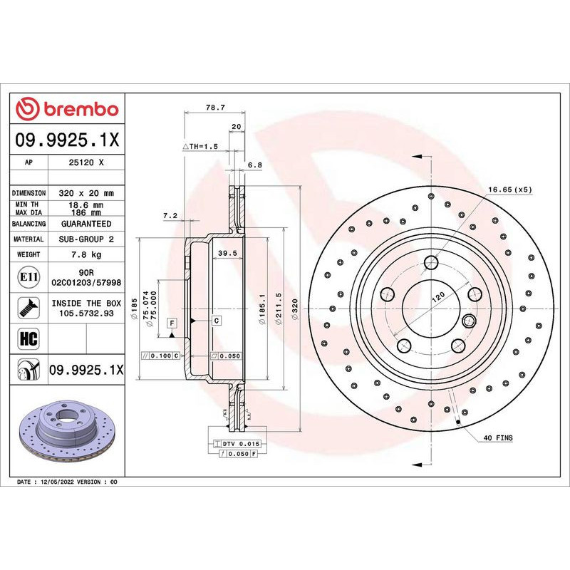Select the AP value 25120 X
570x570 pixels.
pyautogui.click(x=86, y=162)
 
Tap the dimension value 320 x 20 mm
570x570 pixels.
pyautogui.click(x=86, y=193)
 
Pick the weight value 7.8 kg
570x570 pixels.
pyautogui.click(x=86, y=254)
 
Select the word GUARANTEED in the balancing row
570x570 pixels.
pyautogui.click(x=86, y=224)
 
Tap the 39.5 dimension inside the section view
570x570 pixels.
pyautogui.click(x=227, y=253)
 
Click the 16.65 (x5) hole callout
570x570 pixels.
pyautogui.click(x=510, y=190)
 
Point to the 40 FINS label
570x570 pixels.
pyautogui.click(x=498, y=437)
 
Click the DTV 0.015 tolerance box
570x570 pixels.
pyautogui.click(x=237, y=443)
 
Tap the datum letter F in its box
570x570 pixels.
pyautogui.click(x=172, y=323)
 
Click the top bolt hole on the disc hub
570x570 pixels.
pyautogui.click(x=431, y=263)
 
